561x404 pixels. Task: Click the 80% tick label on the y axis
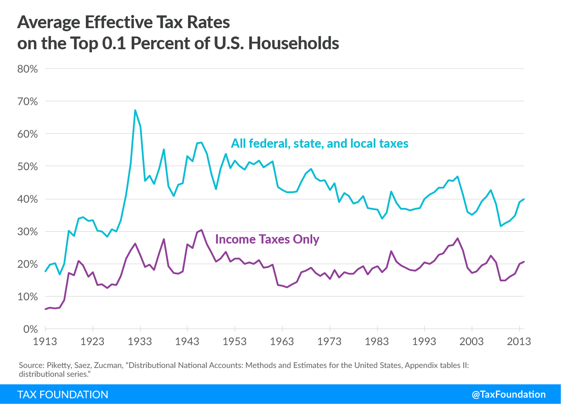tap(27, 69)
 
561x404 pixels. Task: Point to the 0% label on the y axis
tap(30, 329)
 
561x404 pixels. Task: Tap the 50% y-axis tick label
tap(27, 167)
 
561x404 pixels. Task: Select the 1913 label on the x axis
tap(45, 342)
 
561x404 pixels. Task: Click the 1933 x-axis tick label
tap(140, 342)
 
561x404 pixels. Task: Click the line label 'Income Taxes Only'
tap(267, 240)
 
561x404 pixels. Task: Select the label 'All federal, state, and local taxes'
tap(320, 143)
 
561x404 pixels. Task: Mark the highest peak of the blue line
tap(135, 110)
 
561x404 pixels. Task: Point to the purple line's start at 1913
tap(45, 309)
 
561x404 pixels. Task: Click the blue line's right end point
tap(524, 199)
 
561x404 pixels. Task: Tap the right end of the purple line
tap(524, 262)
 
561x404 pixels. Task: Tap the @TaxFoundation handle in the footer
tap(509, 394)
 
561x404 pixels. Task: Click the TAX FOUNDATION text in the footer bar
tap(63, 394)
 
